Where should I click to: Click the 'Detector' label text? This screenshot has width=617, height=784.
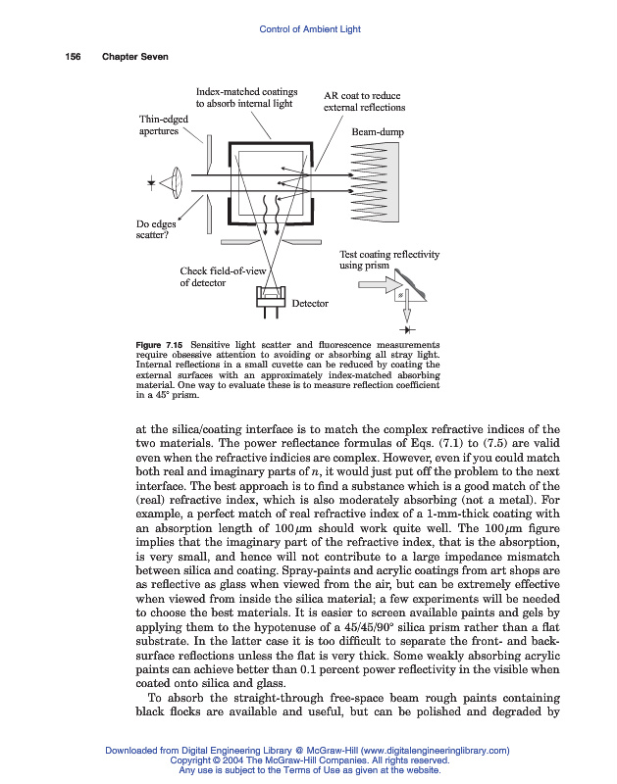click(x=311, y=304)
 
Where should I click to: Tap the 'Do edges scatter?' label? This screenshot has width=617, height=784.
click(x=155, y=229)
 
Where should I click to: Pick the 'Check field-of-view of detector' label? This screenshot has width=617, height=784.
click(x=223, y=276)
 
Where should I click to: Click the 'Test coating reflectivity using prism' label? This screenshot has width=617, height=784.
click(x=388, y=260)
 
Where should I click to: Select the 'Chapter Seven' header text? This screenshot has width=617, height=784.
click(x=135, y=57)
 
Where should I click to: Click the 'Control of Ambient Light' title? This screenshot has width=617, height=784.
click(x=309, y=29)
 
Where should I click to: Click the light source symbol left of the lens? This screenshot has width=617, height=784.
click(x=150, y=183)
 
